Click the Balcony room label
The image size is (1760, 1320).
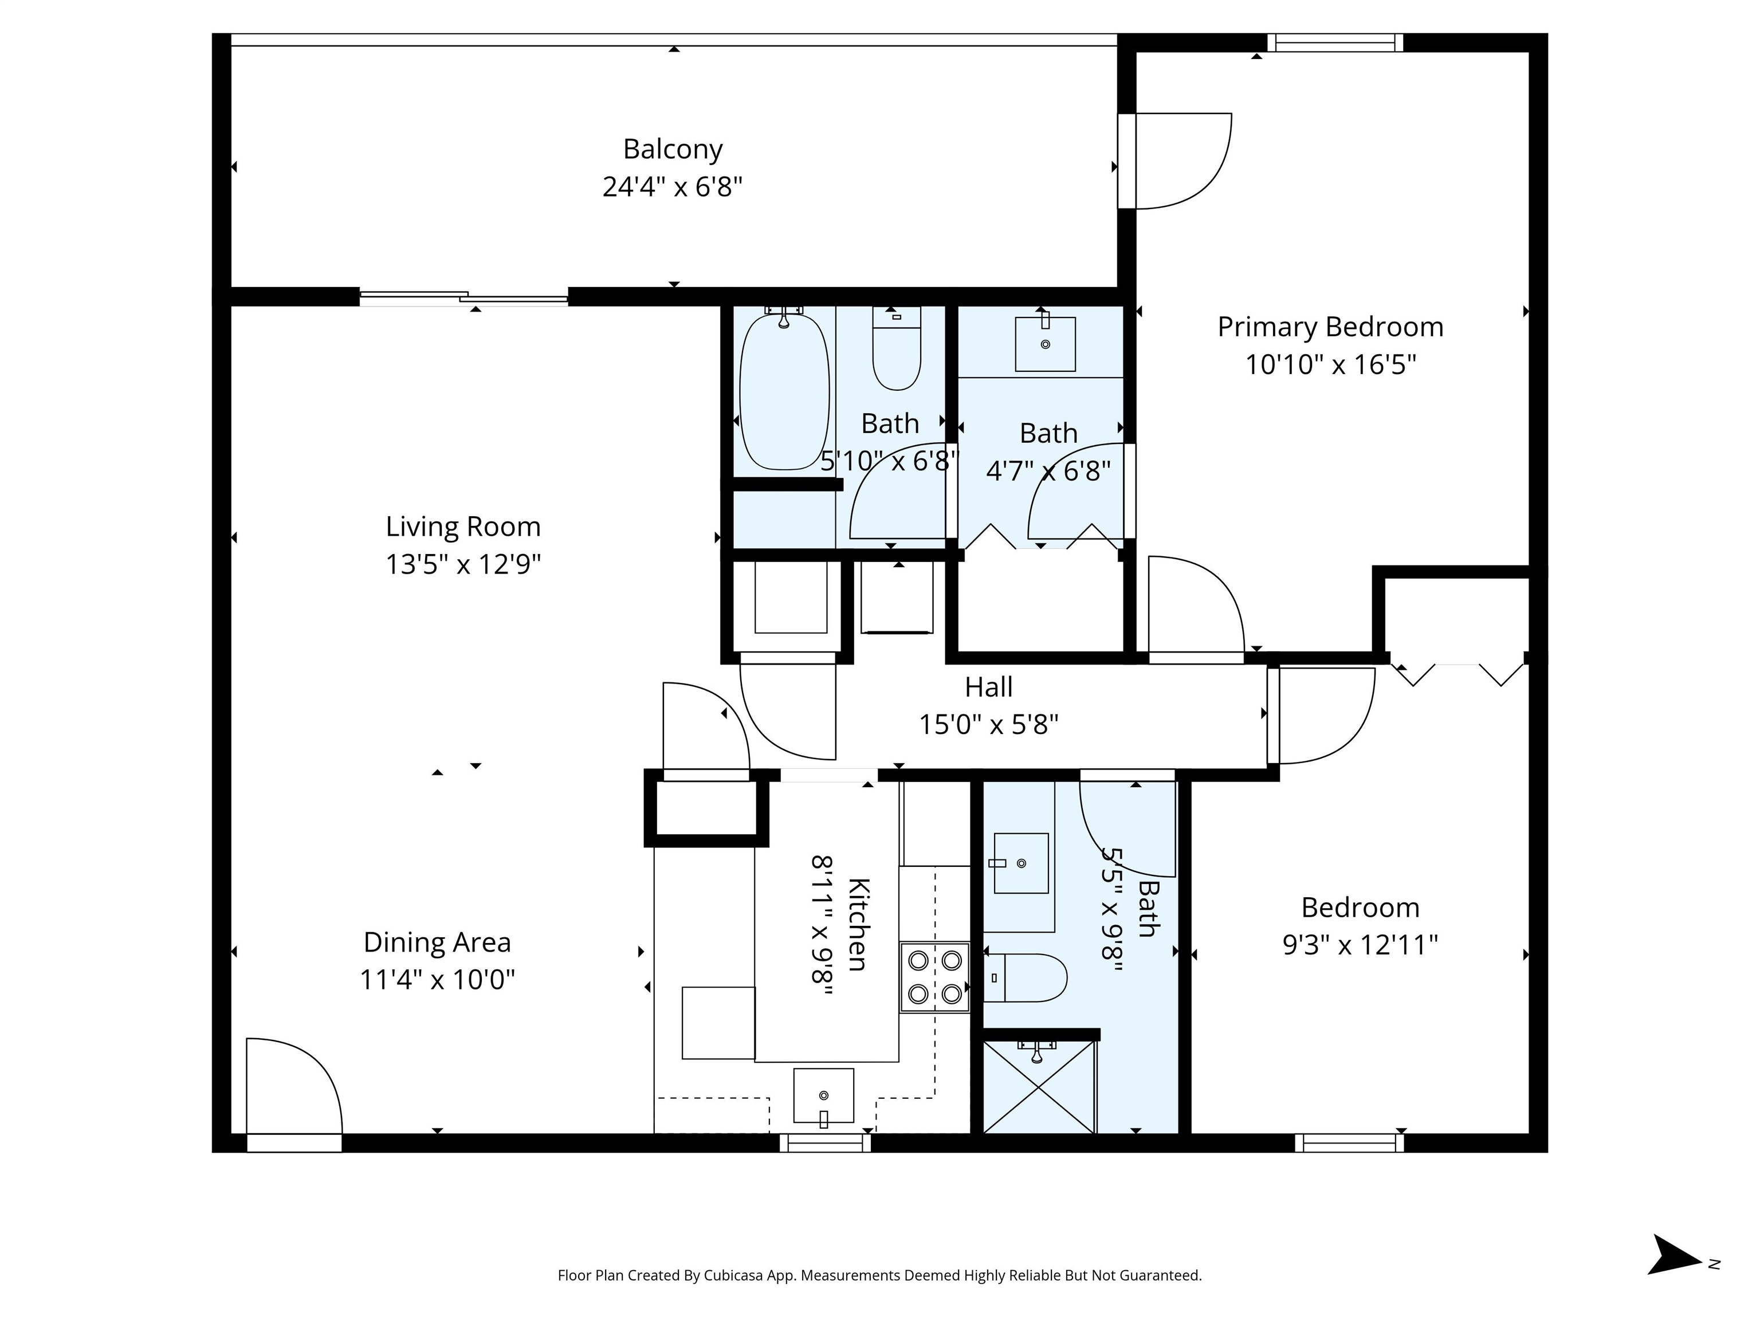[673, 149]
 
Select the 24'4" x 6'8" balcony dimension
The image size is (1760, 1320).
[673, 187]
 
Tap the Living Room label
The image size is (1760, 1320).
[463, 526]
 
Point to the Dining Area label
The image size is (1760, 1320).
[437, 941]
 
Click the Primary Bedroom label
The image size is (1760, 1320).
[1330, 327]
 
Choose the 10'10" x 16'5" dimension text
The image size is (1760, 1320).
[1330, 364]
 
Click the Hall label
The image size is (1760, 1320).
[988, 687]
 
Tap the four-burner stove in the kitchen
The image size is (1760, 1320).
[935, 977]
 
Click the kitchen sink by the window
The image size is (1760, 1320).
[823, 1097]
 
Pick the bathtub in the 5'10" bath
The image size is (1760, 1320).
[784, 391]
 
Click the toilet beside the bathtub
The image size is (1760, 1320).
[897, 348]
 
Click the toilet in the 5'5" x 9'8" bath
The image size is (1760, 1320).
[1025, 977]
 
